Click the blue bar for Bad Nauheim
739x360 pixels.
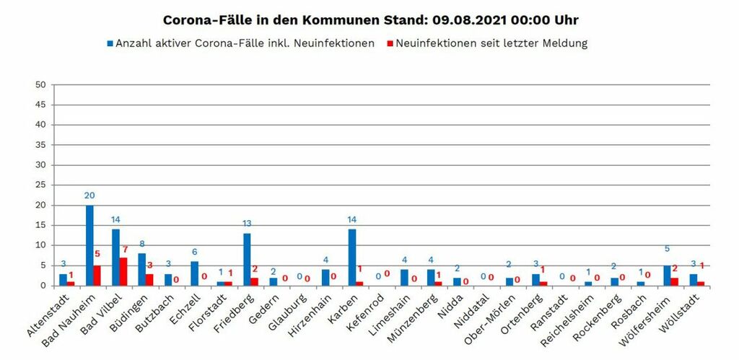pos(89,245)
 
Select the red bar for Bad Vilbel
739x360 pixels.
pos(123,271)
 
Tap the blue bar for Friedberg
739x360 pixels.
pos(247,259)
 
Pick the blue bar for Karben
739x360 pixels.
pos(352,257)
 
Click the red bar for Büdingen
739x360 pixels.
pos(149,279)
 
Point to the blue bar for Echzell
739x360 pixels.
pos(194,273)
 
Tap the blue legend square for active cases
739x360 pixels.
pos(110,43)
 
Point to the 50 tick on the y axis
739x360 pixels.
pos(40,84)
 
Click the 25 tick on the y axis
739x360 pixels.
pos(40,185)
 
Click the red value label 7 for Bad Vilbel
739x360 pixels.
pos(125,250)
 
